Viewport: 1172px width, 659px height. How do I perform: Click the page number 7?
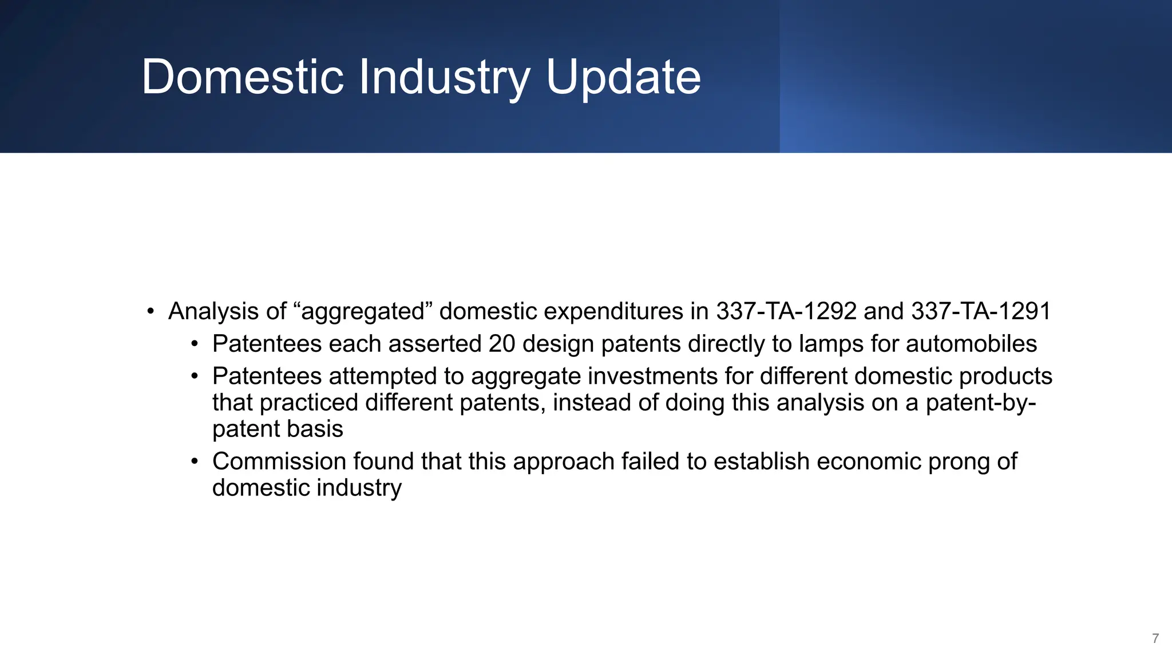click(x=1155, y=638)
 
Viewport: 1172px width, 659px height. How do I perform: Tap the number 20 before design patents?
click(x=502, y=344)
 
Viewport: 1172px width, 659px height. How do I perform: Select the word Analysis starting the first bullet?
click(x=213, y=311)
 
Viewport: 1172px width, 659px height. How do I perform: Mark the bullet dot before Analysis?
click(x=151, y=312)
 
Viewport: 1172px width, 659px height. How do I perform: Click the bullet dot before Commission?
click(x=195, y=462)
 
